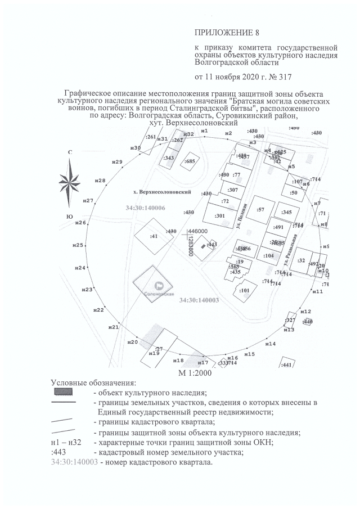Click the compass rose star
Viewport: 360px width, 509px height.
point(70,182)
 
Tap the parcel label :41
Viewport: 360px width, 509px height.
point(153,236)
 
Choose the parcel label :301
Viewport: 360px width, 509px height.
point(220,215)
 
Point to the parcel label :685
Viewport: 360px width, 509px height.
point(190,161)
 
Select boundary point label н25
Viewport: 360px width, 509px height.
point(78,245)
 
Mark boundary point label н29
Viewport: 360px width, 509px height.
point(117,162)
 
